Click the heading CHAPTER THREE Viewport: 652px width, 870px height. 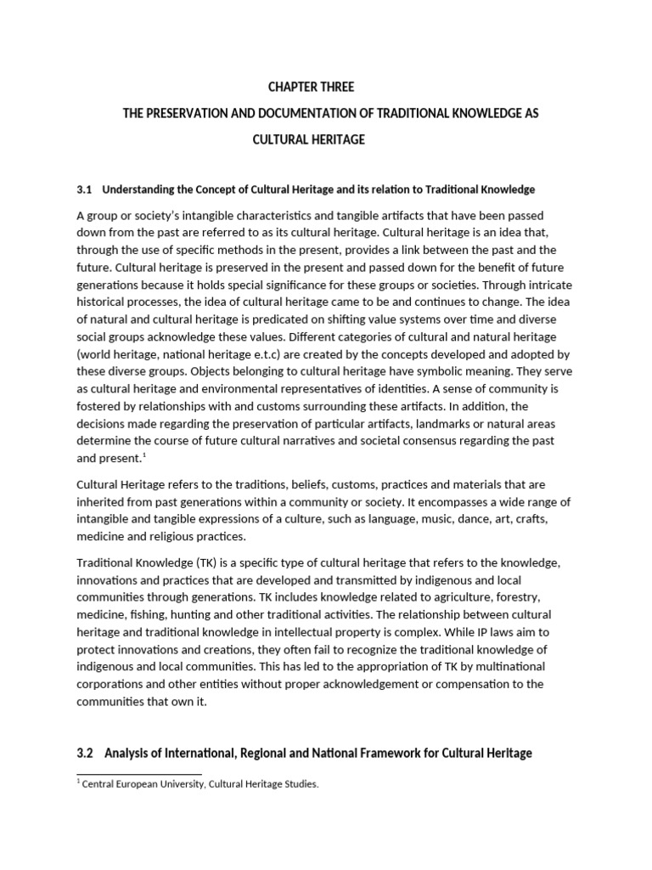(311, 88)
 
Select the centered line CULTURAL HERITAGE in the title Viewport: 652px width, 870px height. (309, 139)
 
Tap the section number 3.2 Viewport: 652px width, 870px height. (86, 753)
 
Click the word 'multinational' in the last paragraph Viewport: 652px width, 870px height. (532, 666)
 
